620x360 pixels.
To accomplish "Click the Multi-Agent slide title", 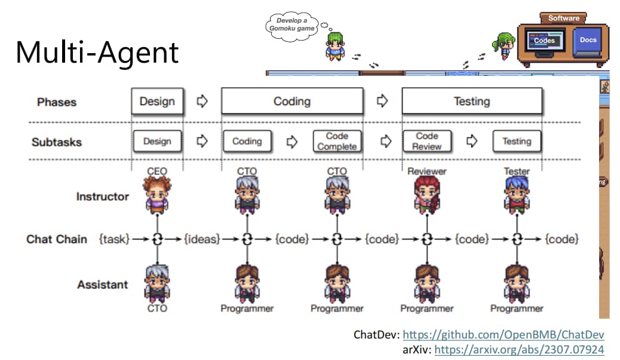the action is [97, 53].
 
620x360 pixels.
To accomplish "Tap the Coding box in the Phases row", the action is [292, 101].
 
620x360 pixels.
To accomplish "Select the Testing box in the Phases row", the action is [472, 101].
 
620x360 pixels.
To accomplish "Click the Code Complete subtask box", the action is [337, 141].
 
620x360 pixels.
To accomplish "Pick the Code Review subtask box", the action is [426, 141].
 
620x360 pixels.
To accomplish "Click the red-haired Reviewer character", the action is [427, 195].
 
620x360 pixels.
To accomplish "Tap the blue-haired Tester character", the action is [517, 195].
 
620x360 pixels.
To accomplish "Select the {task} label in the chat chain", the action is [114, 239].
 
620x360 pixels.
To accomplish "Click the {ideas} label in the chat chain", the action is [202, 239].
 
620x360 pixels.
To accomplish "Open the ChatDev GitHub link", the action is [504, 335].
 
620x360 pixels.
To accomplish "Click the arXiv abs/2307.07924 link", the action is [519, 350].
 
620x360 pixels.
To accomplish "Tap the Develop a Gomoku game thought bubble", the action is [292, 26].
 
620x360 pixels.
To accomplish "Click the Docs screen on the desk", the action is [588, 41].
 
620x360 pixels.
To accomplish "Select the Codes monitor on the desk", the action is [545, 41].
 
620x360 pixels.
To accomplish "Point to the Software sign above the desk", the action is [563, 18].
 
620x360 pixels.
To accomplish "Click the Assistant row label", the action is [102, 285].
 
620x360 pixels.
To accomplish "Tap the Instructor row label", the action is [102, 196].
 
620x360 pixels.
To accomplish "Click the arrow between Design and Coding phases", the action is [202, 101].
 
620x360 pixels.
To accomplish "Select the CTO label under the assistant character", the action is [157, 308].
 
